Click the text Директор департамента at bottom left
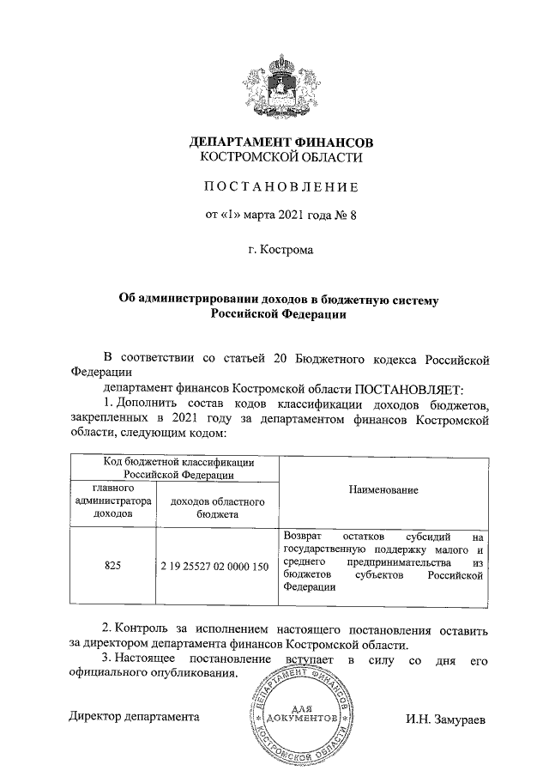coord(134,715)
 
